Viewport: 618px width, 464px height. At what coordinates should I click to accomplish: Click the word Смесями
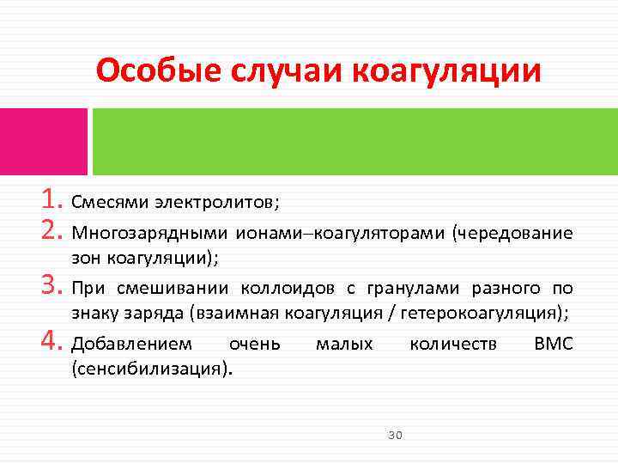click(x=111, y=203)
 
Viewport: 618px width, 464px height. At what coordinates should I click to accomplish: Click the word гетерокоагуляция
click(x=480, y=314)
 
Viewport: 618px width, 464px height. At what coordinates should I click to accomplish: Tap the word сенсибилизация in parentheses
click(x=152, y=370)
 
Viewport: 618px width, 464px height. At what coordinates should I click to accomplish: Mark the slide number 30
click(x=395, y=436)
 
